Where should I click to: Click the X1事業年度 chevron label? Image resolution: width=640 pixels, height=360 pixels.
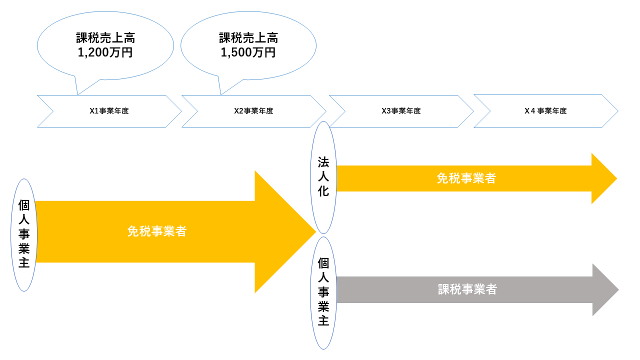click(x=109, y=111)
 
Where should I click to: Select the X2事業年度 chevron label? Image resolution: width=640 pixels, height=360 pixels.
click(x=253, y=111)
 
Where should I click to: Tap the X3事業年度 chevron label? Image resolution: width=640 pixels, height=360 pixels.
click(x=401, y=111)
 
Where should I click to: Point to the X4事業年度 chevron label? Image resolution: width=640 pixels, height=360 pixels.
click(x=545, y=111)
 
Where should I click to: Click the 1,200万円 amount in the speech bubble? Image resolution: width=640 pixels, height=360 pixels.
click(x=105, y=52)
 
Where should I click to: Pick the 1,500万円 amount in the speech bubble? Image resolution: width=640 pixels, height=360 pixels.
click(x=248, y=52)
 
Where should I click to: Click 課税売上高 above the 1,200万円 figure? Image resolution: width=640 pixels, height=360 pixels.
click(x=105, y=38)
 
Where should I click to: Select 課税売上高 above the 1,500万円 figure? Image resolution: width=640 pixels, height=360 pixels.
click(x=248, y=38)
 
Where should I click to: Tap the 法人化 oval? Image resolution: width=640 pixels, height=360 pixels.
click(x=323, y=177)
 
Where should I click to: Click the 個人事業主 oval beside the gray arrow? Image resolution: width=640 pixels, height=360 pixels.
click(x=323, y=292)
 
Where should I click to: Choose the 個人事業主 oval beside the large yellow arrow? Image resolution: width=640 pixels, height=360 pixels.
click(x=24, y=234)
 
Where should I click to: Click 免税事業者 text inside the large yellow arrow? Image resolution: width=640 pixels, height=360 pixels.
click(x=157, y=231)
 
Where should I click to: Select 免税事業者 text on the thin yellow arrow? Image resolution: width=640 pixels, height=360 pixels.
click(x=466, y=178)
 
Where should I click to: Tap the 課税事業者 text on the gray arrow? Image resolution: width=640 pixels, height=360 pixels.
click(x=467, y=289)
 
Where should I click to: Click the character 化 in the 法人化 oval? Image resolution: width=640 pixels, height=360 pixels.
click(x=323, y=191)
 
